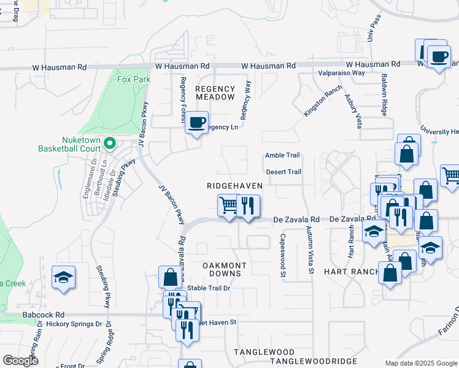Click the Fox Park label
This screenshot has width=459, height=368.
133,79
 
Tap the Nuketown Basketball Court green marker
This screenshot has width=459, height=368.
110,144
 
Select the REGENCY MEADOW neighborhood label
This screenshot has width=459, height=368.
215,93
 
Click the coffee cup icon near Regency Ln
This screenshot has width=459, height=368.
197,122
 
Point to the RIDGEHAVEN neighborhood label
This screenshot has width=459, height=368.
234,186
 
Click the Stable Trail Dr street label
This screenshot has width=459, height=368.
209,288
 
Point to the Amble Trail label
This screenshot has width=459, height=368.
282,156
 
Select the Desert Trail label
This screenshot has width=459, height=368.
283,172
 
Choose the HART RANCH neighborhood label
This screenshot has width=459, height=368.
344,271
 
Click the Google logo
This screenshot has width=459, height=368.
20,361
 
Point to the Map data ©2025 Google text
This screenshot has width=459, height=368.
420,363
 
